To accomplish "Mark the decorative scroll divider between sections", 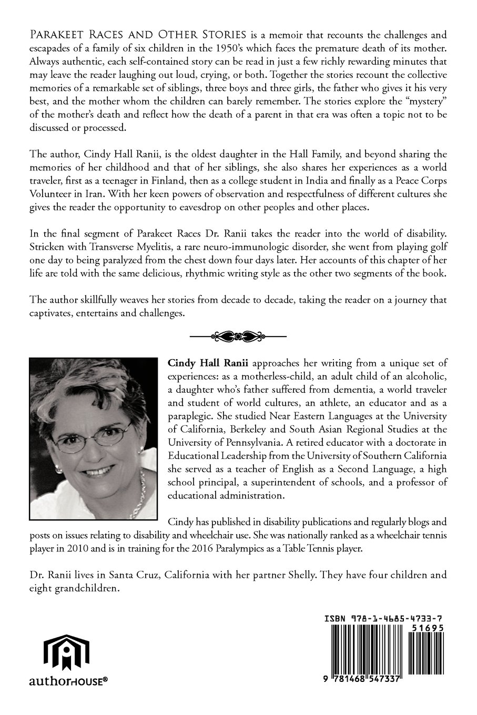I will (x=238, y=335).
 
